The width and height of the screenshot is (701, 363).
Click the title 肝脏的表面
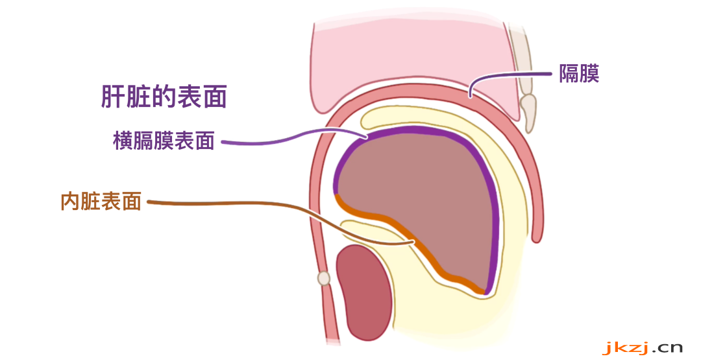(164, 97)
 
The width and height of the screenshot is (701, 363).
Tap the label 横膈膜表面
(164, 141)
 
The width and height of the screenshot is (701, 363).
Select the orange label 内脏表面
(101, 202)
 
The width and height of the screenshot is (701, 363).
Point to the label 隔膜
(579, 74)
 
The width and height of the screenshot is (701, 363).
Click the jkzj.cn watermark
(643, 347)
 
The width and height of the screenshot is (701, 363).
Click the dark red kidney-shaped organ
(364, 292)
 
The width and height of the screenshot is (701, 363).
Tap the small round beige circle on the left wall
(324, 279)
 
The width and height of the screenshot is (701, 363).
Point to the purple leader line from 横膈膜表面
(295, 135)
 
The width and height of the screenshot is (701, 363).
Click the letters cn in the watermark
(669, 347)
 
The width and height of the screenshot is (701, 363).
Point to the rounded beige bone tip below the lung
(528, 113)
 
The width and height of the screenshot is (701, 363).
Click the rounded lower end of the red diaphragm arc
(537, 237)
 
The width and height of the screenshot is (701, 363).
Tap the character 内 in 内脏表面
(70, 202)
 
